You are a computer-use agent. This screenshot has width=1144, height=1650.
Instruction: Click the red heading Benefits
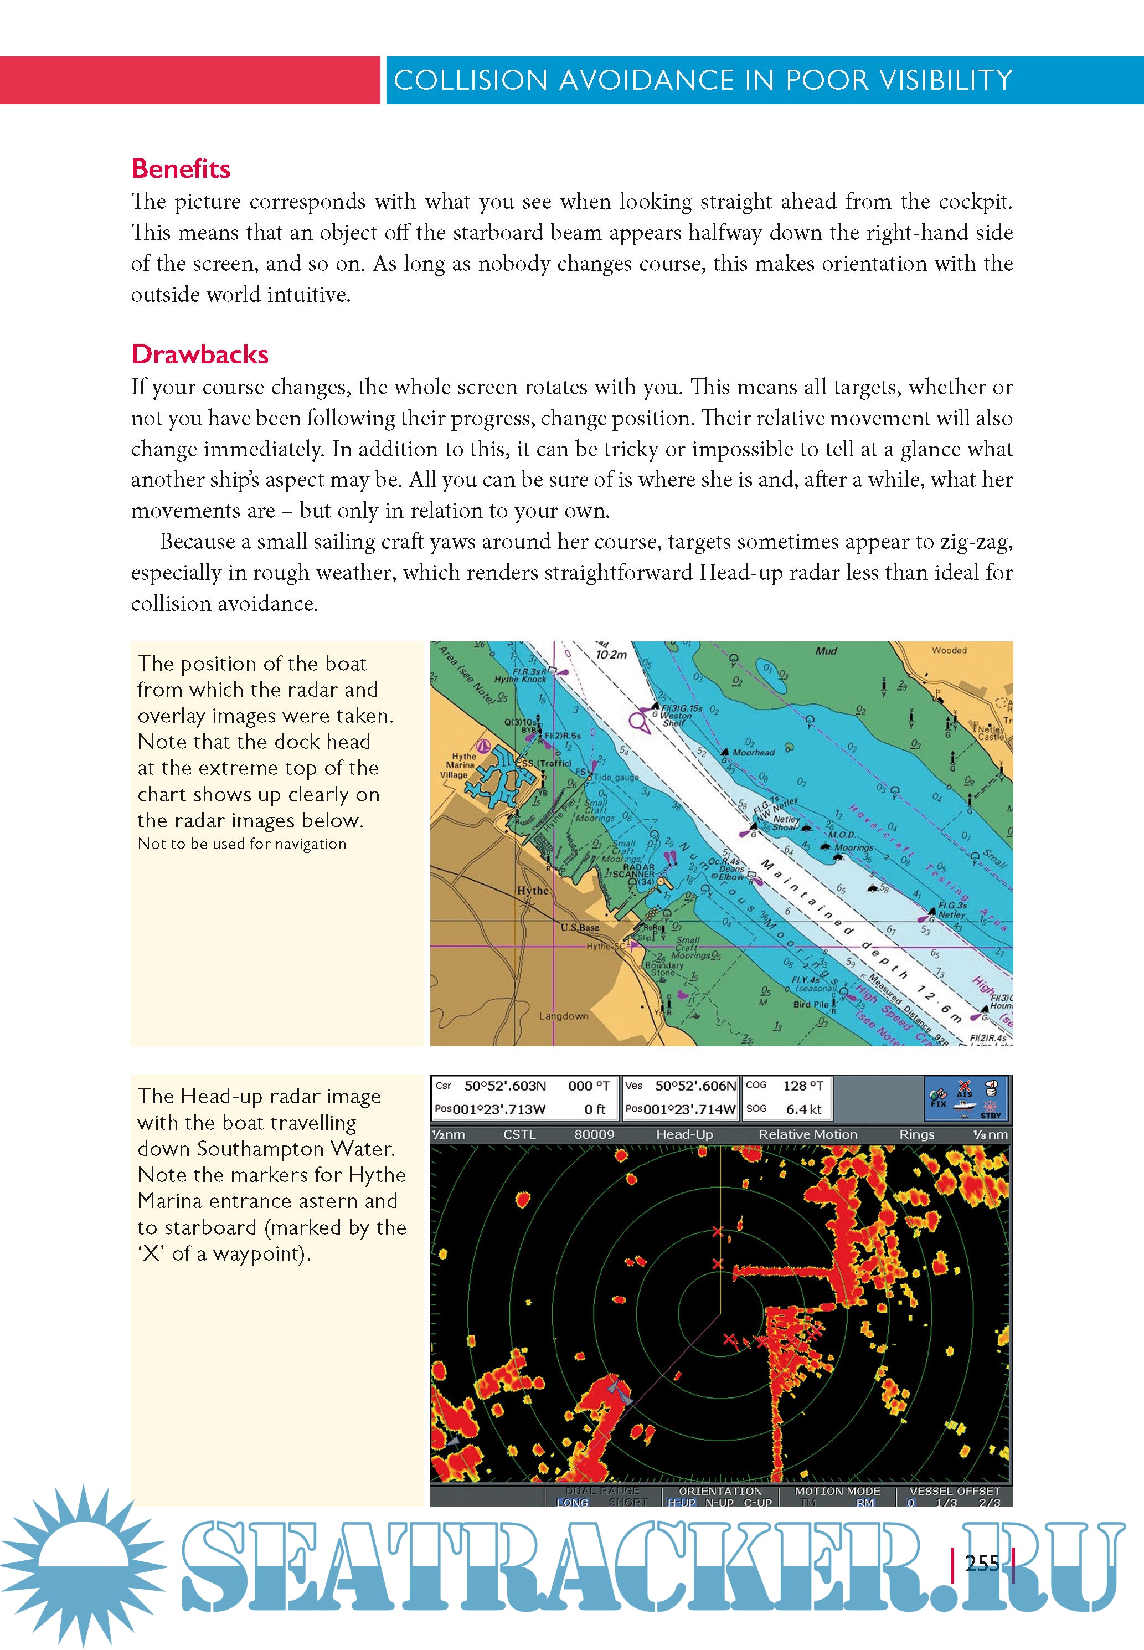[181, 168]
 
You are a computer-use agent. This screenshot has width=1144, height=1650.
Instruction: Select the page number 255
[982, 1563]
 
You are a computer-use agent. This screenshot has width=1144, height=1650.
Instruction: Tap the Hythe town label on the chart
[533, 890]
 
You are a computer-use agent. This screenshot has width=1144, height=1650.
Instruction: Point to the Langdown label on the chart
[563, 1016]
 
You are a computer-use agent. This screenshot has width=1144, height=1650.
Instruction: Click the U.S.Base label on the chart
[579, 928]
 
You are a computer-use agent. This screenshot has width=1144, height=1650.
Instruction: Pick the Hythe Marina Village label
[463, 765]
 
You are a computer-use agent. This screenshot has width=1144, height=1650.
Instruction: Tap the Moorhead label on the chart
[754, 753]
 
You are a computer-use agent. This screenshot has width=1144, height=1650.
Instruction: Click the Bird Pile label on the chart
[811, 1004]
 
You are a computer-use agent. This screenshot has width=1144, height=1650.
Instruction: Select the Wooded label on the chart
[949, 650]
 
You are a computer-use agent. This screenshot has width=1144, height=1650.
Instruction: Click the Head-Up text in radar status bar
[684, 1135]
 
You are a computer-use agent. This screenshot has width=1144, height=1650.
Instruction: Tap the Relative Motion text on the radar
[808, 1135]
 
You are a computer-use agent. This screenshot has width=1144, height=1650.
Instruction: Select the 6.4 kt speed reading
[804, 1109]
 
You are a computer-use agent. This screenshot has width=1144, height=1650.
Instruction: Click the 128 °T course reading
[803, 1086]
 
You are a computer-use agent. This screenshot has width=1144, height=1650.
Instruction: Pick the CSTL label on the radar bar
[520, 1135]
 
